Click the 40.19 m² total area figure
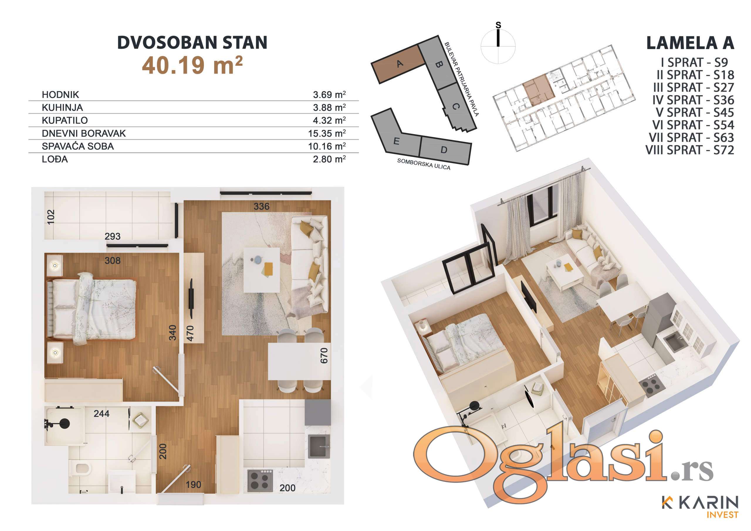point(192,65)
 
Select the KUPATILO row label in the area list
point(65,120)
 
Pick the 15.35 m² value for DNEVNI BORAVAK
point(327,133)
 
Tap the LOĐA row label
point(55,159)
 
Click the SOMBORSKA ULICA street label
point(424,164)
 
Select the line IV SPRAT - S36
point(693,100)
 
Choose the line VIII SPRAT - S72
point(689,150)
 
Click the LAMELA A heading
point(690,43)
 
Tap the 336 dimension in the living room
point(261,207)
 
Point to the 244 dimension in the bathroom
point(102,414)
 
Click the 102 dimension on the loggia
point(51,217)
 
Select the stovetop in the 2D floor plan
point(260,481)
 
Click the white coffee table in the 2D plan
point(262,270)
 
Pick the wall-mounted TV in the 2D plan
point(191,298)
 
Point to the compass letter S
point(498,25)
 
